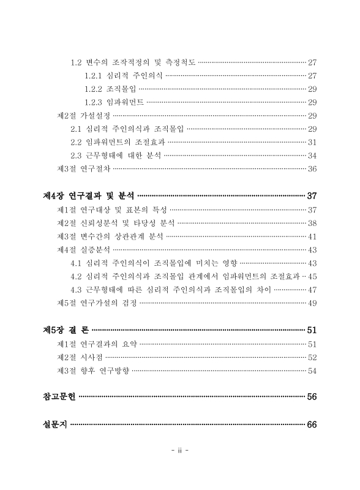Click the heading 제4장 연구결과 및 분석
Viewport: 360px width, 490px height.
[89, 196]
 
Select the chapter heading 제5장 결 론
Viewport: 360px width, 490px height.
[66, 330]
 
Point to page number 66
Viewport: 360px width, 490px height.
[312, 425]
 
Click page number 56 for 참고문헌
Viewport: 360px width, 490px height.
[312, 397]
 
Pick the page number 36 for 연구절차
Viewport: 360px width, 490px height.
[312, 169]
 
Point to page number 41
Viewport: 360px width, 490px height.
[312, 236]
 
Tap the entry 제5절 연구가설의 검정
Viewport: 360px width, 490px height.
[97, 303]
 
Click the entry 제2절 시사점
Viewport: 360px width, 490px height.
[80, 357]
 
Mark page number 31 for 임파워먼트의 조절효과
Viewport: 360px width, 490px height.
[312, 142]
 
